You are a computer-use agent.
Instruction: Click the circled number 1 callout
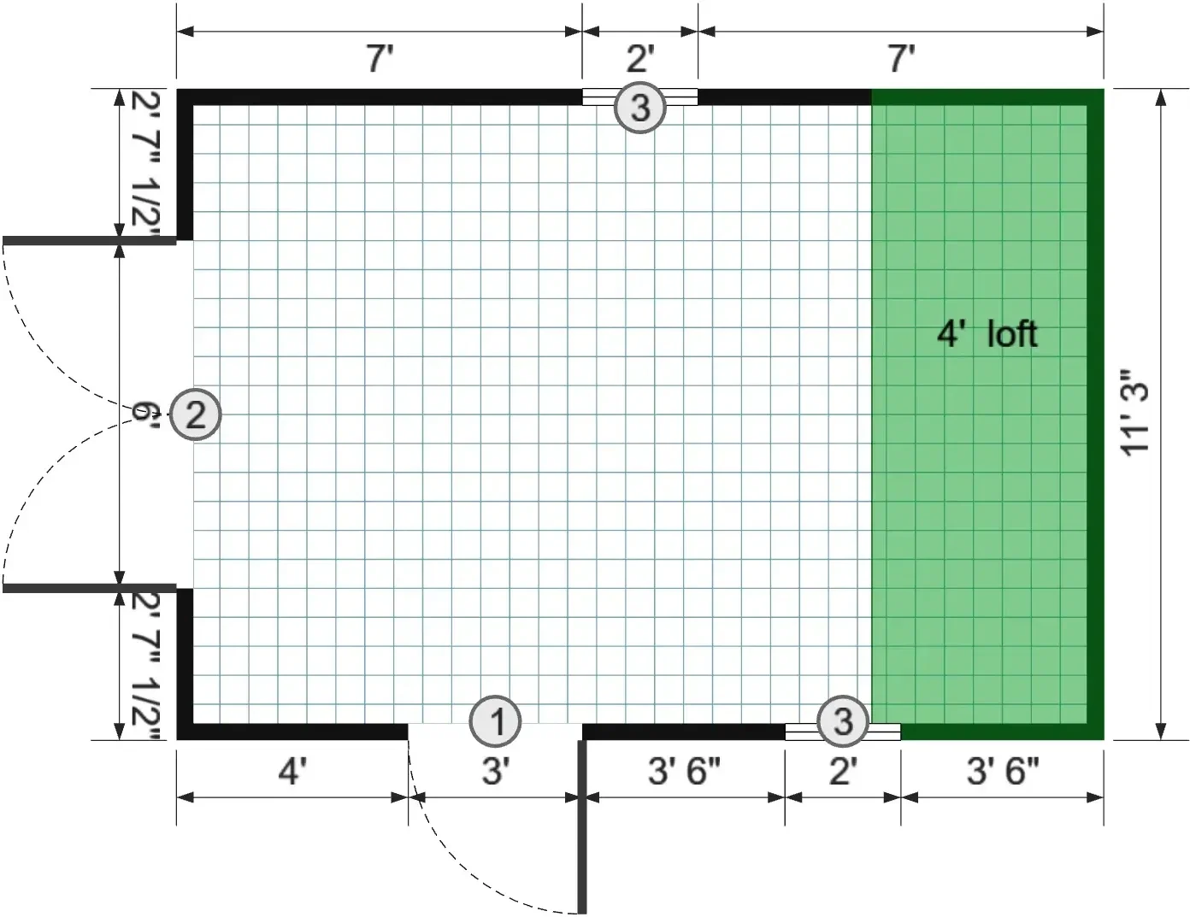[496, 721]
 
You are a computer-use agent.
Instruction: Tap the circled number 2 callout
[196, 414]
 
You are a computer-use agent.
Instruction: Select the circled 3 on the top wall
[640, 108]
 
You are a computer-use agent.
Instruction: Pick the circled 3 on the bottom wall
[843, 721]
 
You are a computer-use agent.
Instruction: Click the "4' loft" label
[987, 333]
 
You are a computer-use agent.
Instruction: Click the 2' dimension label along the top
[640, 59]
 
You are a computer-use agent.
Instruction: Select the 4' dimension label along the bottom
[292, 772]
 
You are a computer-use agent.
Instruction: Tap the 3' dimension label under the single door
[495, 772]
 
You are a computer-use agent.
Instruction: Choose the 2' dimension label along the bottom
[842, 772]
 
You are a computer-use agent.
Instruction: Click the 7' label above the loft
[901, 59]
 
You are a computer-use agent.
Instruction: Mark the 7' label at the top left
[380, 59]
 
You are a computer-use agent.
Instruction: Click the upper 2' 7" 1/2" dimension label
[145, 165]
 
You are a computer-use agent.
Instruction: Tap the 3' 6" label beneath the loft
[1002, 772]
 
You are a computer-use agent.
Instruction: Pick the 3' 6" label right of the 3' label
[683, 772]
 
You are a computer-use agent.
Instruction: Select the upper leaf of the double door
[89, 240]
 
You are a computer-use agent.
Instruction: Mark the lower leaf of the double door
[89, 588]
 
